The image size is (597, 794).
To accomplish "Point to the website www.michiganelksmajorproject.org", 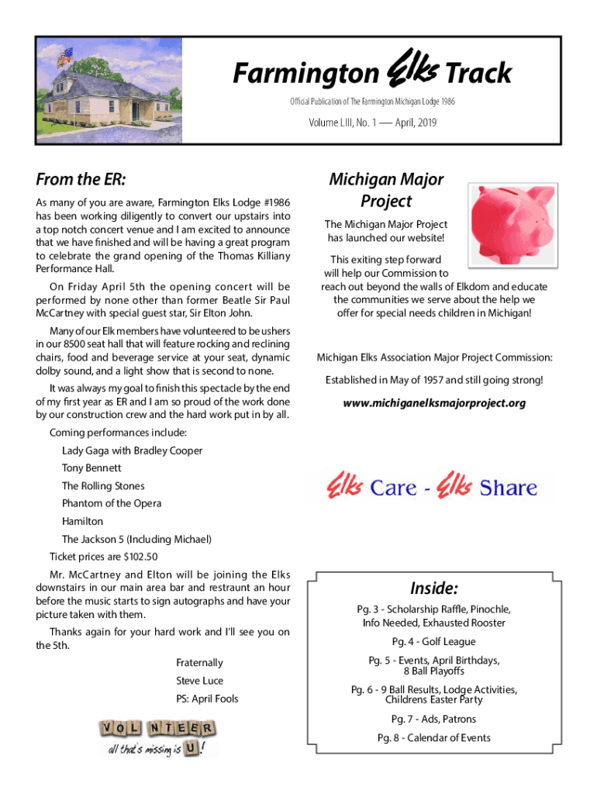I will pos(434,403).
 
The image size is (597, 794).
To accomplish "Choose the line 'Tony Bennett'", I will pos(91,468).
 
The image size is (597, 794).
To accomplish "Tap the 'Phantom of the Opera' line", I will pos(112,504).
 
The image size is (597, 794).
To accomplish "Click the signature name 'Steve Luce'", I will pos(199,681).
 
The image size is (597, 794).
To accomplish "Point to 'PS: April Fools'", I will pos(207,699).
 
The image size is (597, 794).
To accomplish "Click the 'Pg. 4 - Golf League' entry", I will pos(433,642).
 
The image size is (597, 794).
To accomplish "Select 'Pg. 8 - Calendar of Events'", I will pos(433,737).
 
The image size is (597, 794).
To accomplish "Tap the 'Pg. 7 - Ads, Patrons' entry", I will pos(433,719).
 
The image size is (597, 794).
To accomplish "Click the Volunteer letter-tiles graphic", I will pos(157,737).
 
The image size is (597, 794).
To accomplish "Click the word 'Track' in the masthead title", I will pos(478,74).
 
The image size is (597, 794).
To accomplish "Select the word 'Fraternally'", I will pos(199,663).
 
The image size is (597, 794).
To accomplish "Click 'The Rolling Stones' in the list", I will pos(103,486).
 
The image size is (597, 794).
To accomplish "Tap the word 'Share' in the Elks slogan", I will pos(508,488).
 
